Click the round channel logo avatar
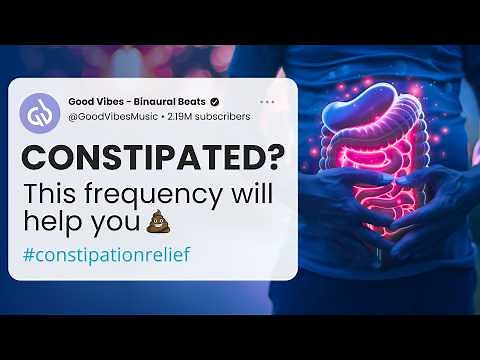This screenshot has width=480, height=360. click(x=40, y=109)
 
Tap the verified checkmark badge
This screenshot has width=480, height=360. click(x=215, y=102)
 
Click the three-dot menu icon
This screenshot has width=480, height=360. click(x=267, y=102)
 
